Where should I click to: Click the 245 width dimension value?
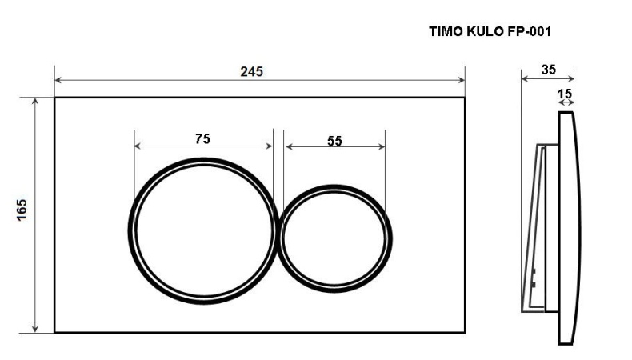click(252, 70)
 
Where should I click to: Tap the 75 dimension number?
click(202, 138)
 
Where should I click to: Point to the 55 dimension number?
click(334, 140)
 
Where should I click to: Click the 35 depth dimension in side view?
click(548, 69)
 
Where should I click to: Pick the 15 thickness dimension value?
click(565, 94)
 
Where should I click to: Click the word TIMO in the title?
click(446, 32)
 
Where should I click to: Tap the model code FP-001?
click(529, 32)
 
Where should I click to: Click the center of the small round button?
click(336, 238)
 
